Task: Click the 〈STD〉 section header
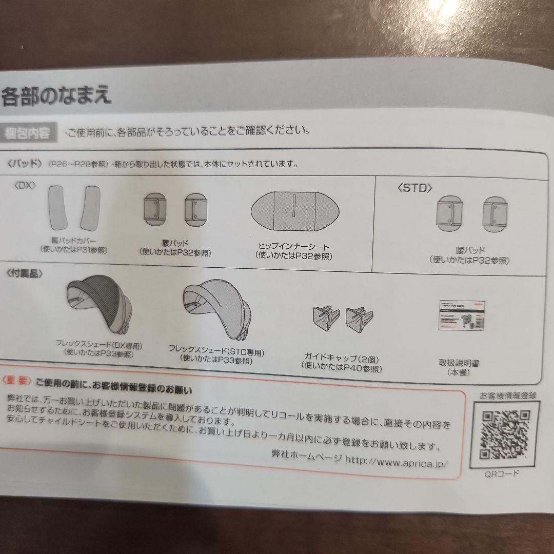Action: (x=414, y=188)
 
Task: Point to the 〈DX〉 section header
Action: (x=25, y=185)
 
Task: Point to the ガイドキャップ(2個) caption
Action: (x=341, y=359)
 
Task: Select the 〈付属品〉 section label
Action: (x=25, y=273)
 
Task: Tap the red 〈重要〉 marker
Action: (x=17, y=381)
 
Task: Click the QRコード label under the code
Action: (x=502, y=473)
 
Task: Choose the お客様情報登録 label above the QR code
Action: (x=507, y=395)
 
